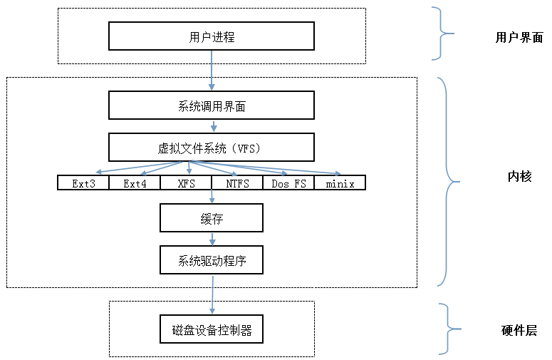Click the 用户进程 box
tap(212, 36)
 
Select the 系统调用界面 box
tap(212, 106)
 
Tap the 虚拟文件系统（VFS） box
tap(212, 148)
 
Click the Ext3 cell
tap(83, 183)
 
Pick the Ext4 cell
tap(135, 183)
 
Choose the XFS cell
tap(186, 183)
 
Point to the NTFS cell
tap(237, 183)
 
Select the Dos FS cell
tap(288, 183)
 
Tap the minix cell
tap(340, 183)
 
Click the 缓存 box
tap(212, 218)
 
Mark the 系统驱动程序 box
tap(212, 260)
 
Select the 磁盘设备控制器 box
tap(212, 330)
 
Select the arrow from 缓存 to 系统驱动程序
tap(212, 239)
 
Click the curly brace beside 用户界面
tap(444, 33)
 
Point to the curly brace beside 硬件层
tap(447, 329)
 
